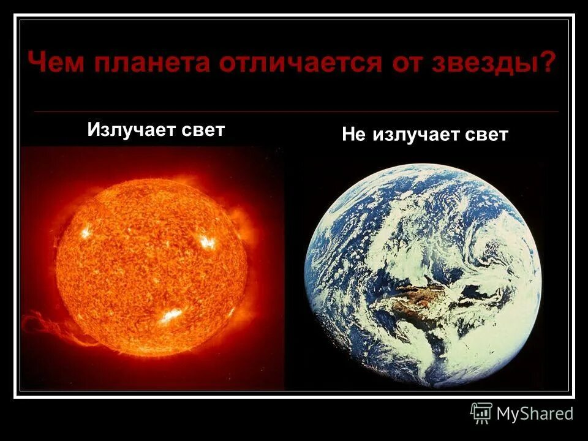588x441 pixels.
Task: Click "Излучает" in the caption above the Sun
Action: (131, 130)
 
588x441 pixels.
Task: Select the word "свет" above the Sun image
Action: (203, 130)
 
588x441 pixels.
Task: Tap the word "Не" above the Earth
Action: (353, 135)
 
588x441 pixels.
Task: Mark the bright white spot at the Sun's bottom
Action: (171, 315)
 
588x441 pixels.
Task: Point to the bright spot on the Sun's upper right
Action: (207, 243)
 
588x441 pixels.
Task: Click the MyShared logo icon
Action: (481, 413)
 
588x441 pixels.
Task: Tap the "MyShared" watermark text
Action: (535, 414)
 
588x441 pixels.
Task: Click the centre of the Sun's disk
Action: (151, 268)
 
